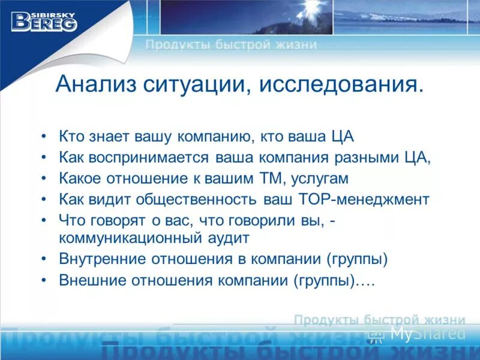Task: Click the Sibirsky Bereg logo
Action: click(44, 20)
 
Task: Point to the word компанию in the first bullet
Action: click(214, 136)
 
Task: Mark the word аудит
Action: click(227, 238)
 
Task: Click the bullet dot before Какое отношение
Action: click(44, 179)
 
